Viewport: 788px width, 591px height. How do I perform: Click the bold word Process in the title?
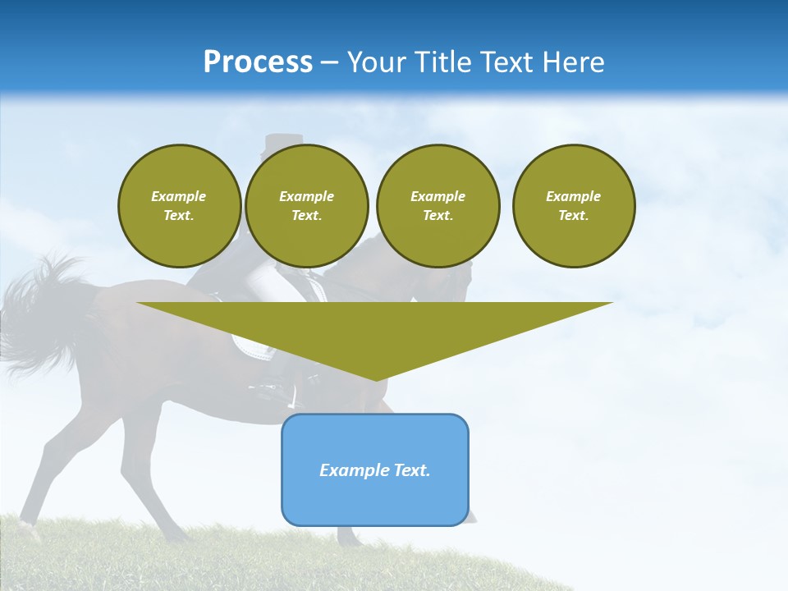click(x=258, y=62)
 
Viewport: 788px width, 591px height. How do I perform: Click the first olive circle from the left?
click(x=179, y=206)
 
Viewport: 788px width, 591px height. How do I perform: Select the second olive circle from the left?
click(x=306, y=206)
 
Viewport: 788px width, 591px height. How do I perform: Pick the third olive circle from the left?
click(x=438, y=206)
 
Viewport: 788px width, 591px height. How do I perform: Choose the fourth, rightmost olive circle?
click(x=574, y=206)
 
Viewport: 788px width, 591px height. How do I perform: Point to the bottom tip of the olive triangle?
click(x=376, y=379)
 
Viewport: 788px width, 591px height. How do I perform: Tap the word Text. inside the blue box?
click(x=413, y=470)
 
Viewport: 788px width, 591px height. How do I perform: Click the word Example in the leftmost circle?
click(x=179, y=196)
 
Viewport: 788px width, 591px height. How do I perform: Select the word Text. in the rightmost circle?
click(x=574, y=216)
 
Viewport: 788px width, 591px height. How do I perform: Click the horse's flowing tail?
click(x=37, y=312)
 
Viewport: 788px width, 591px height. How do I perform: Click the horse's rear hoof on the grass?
click(x=29, y=525)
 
